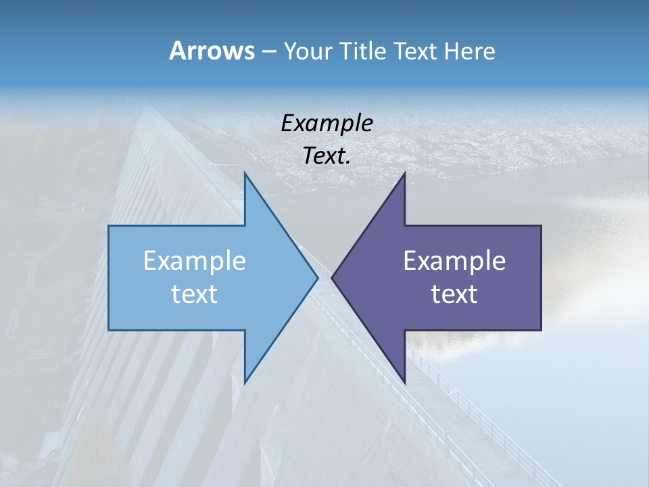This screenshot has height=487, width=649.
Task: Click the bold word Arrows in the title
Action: coord(211,51)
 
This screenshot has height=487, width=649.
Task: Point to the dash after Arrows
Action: coord(268,52)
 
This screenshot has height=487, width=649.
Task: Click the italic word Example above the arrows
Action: coord(327,124)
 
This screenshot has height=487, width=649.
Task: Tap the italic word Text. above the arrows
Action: coord(327,156)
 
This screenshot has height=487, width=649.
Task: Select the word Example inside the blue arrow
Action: coord(195,261)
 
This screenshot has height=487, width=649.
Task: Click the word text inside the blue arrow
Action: coord(195,294)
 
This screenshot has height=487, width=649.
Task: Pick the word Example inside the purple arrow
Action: coord(454,261)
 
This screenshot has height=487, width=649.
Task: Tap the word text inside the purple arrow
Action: coord(454,294)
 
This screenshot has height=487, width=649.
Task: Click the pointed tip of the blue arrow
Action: coord(318,277)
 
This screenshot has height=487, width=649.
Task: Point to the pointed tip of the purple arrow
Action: coord(332,277)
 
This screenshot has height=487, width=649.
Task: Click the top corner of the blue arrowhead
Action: coord(245,173)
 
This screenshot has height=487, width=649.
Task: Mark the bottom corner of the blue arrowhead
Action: coord(245,383)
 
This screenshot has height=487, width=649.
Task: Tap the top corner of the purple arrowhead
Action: coord(404,173)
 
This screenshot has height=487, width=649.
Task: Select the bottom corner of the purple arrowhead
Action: coord(404,383)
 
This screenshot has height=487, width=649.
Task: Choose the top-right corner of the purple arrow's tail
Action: coord(541,226)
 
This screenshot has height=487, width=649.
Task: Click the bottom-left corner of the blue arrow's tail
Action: coord(109,330)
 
